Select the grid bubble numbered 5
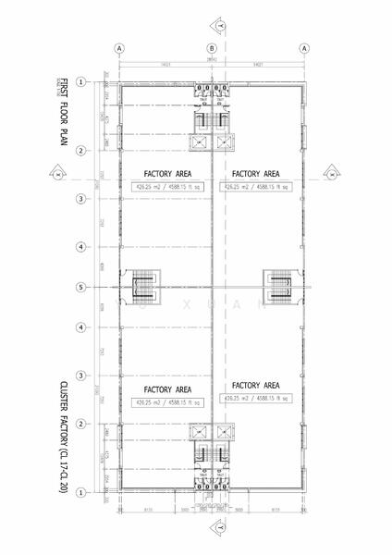click(x=81, y=287)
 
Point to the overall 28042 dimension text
click(x=213, y=58)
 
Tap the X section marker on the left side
click(x=55, y=173)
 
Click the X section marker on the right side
click(x=330, y=173)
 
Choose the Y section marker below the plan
click(x=218, y=527)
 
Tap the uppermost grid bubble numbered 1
click(x=81, y=82)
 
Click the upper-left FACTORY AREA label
click(x=167, y=173)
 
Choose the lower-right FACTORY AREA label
click(x=256, y=385)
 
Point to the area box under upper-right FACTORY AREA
click(x=256, y=186)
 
